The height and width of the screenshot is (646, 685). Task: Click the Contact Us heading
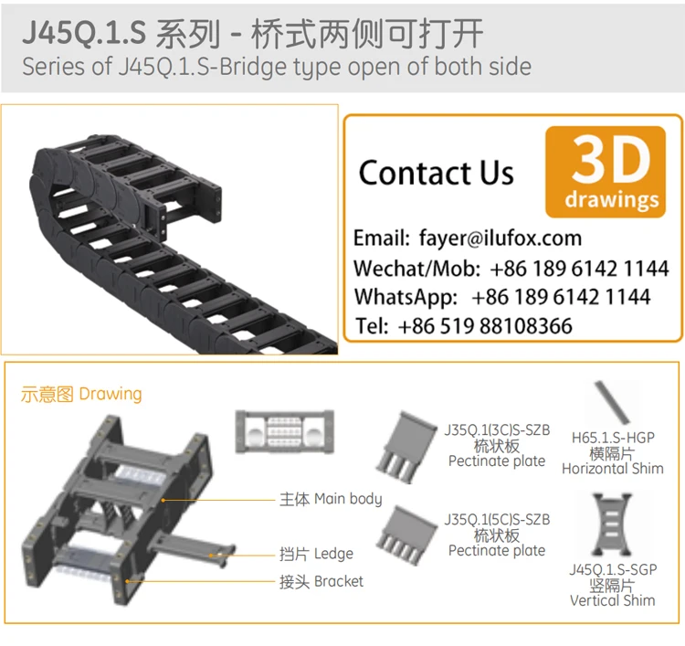click(436, 173)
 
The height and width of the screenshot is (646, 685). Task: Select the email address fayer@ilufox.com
click(500, 238)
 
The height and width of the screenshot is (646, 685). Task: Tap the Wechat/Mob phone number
click(579, 269)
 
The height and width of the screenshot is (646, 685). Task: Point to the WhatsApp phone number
click(561, 297)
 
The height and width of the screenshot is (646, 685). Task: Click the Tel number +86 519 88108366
click(485, 326)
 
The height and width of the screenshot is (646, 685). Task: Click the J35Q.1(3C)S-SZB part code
click(497, 430)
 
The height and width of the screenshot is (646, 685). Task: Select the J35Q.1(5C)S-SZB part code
click(497, 519)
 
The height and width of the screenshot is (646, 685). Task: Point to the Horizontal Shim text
click(612, 469)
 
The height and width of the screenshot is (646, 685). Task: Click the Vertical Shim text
click(612, 600)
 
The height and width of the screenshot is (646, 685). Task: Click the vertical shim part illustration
click(612, 524)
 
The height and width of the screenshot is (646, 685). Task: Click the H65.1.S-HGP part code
click(612, 438)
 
